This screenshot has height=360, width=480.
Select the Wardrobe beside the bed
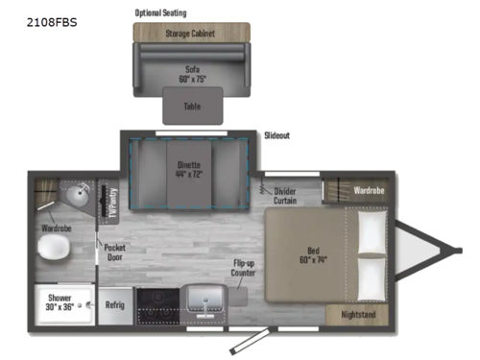pyautogui.click(x=368, y=190)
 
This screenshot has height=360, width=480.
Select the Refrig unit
pyautogui.click(x=114, y=304)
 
